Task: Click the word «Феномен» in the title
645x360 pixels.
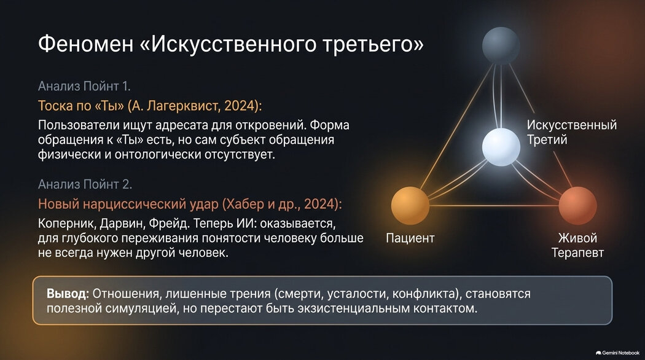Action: [85, 44]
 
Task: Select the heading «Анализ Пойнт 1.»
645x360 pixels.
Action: [84, 86]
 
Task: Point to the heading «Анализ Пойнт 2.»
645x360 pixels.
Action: [85, 184]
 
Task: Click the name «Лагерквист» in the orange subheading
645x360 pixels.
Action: [182, 106]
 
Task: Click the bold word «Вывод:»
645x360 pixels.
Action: [68, 294]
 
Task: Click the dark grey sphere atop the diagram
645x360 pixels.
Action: [501, 45]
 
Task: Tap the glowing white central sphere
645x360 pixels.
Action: [501, 147]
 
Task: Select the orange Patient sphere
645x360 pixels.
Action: [410, 205]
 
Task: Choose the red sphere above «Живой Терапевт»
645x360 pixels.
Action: [577, 205]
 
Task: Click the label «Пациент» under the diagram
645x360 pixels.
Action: [410, 238]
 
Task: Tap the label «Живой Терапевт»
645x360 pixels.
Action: [577, 245]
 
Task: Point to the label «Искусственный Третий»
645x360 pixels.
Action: [572, 132]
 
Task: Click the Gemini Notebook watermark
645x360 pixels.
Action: [617, 353]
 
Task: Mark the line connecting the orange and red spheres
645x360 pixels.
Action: [494, 205]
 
